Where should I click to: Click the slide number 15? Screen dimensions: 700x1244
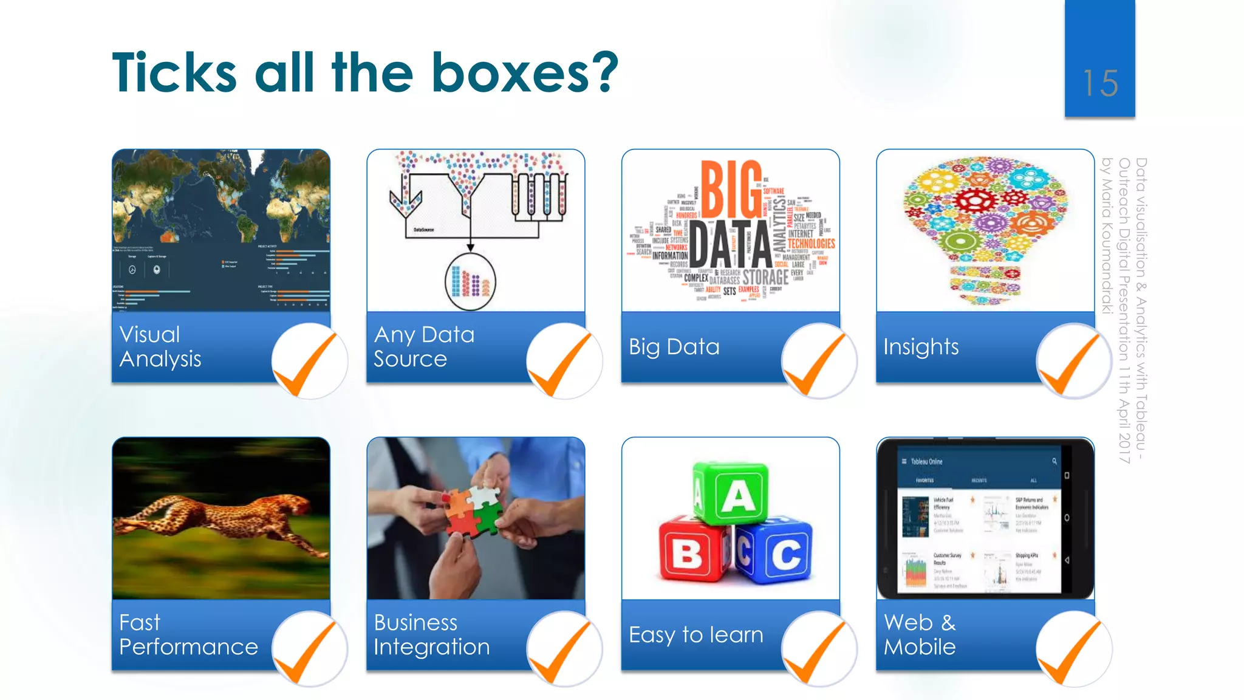(x=1100, y=83)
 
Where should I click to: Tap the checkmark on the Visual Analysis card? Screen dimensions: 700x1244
(x=309, y=362)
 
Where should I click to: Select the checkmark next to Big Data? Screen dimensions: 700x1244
(x=819, y=362)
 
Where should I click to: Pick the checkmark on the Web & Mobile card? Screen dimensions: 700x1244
(x=1073, y=650)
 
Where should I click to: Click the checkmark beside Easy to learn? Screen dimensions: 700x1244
(x=819, y=650)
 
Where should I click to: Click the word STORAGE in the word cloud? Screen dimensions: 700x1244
(x=765, y=277)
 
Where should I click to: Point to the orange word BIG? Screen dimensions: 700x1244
(x=731, y=189)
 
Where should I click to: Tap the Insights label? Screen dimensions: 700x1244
(x=921, y=347)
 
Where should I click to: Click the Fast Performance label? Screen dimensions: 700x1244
(x=188, y=635)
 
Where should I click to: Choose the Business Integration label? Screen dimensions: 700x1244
(x=431, y=635)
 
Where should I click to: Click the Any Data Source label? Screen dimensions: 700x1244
(x=424, y=347)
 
